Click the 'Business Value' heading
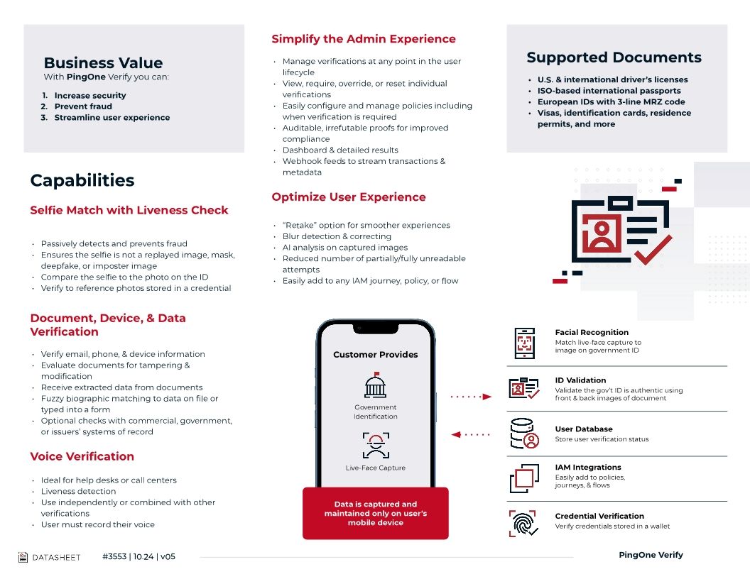pyautogui.click(x=103, y=62)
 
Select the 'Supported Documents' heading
pyautogui.click(x=614, y=57)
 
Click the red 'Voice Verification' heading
pyautogui.click(x=82, y=456)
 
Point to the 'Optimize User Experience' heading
pyautogui.click(x=349, y=197)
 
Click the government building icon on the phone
pyautogui.click(x=375, y=386)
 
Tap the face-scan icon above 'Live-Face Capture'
pyautogui.click(x=375, y=446)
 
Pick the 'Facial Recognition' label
pyautogui.click(x=592, y=332)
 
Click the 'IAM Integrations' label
pyautogui.click(x=587, y=467)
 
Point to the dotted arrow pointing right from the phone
pyautogui.click(x=470, y=397)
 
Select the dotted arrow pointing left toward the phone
pyautogui.click(x=470, y=434)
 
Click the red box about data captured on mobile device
pyautogui.click(x=375, y=513)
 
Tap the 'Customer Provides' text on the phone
pyautogui.click(x=375, y=355)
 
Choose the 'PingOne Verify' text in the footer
pyautogui.click(x=651, y=555)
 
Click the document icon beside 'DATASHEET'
pyautogui.click(x=23, y=557)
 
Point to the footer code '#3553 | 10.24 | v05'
pyautogui.click(x=138, y=557)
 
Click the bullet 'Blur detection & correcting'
pyautogui.click(x=337, y=236)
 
